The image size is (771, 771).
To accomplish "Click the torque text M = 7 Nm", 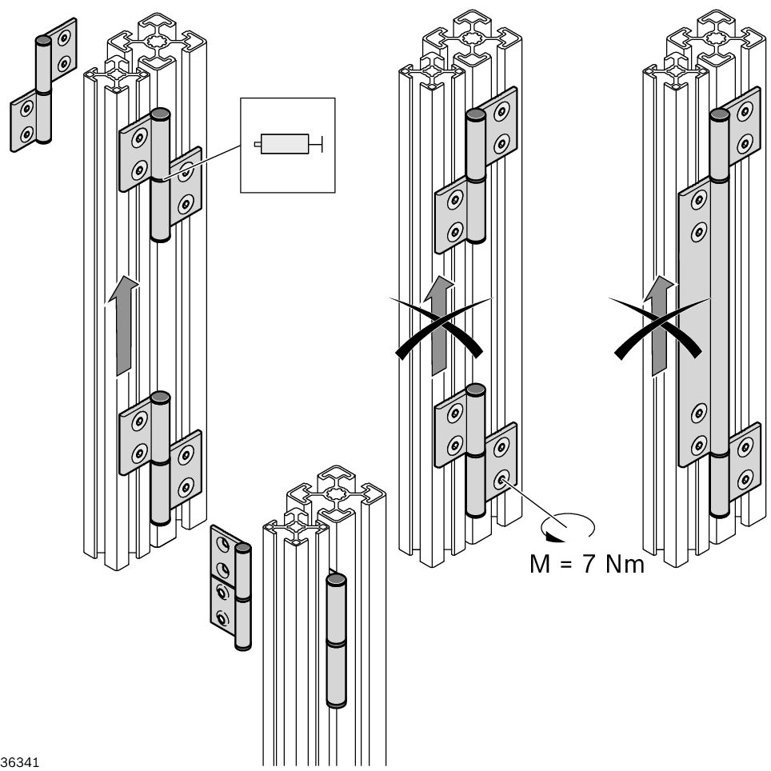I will [x=586, y=565].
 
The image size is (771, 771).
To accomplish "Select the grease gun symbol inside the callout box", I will [x=286, y=144].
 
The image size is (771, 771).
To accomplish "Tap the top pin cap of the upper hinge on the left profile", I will [x=160, y=113].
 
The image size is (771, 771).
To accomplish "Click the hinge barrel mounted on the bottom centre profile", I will [x=337, y=640].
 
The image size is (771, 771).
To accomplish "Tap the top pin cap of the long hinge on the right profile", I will [x=719, y=115].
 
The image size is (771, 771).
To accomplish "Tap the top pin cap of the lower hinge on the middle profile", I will [x=476, y=389].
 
